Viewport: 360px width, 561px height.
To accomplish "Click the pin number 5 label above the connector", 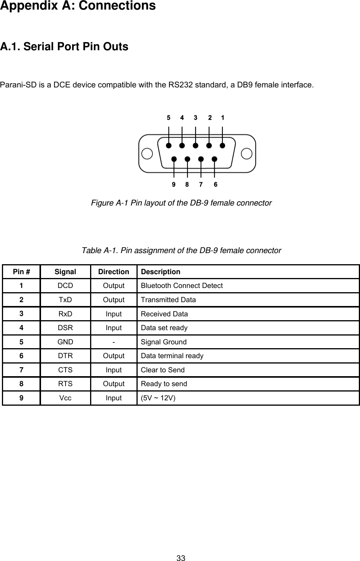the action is (x=169, y=118).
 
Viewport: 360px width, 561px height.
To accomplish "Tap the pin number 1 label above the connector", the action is (x=223, y=118).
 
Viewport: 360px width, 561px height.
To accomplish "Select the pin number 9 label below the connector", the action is (x=174, y=184).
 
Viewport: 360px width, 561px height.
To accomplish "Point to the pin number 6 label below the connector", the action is (x=215, y=184).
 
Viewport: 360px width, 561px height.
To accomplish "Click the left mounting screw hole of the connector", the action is (x=147, y=154).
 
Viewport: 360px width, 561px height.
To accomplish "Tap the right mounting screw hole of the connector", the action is (x=247, y=154).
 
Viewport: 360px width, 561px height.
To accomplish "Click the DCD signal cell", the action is (x=65, y=286).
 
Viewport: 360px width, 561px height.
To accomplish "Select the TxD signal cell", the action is (x=65, y=300).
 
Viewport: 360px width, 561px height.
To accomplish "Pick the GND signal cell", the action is (x=65, y=342).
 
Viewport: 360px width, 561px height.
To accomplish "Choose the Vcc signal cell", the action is (x=65, y=398).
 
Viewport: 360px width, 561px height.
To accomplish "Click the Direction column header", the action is (x=113, y=272).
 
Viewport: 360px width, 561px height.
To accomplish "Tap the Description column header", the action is (x=160, y=272).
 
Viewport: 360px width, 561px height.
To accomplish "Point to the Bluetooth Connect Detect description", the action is (x=182, y=286).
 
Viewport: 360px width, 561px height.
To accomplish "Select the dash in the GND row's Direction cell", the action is (x=113, y=342).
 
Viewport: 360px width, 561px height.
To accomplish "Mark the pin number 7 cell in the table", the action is (x=21, y=370).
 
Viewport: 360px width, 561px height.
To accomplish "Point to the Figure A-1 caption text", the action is (x=181, y=202).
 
